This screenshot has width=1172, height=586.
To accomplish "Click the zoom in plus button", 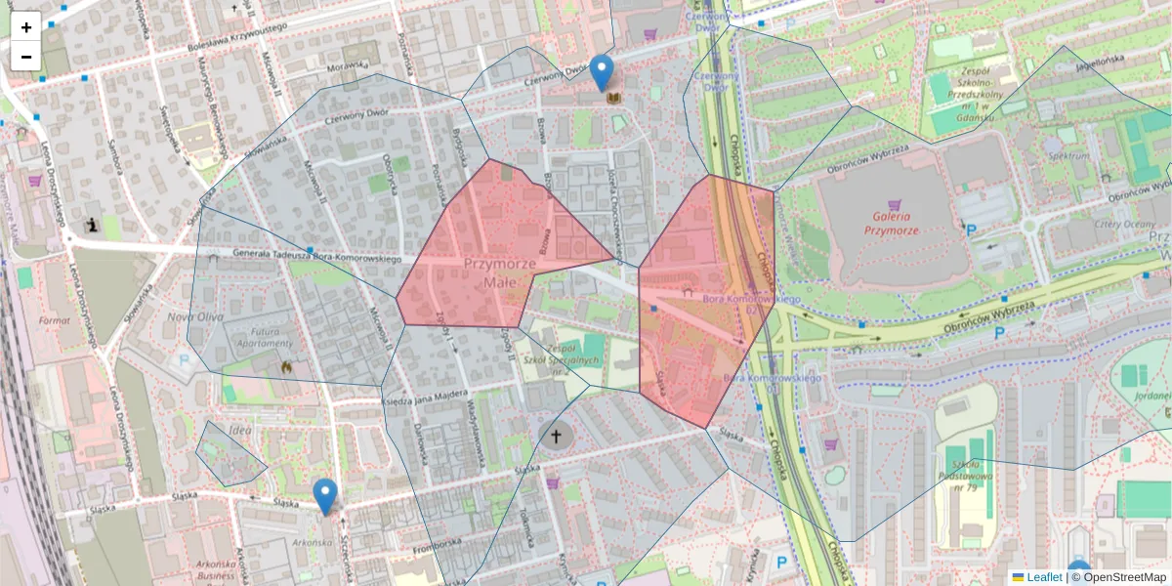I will coord(26,26).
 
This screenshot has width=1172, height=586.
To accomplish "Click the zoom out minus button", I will coord(26,56).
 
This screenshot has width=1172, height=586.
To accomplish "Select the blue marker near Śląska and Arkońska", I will coord(324,496).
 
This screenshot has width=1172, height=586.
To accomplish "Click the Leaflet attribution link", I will coord(1044,577).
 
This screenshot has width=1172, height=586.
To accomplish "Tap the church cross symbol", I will coord(557,436).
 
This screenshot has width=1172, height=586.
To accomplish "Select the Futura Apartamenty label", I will coord(266,337).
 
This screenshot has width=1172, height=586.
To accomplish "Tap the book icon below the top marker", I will coord(613,99).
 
